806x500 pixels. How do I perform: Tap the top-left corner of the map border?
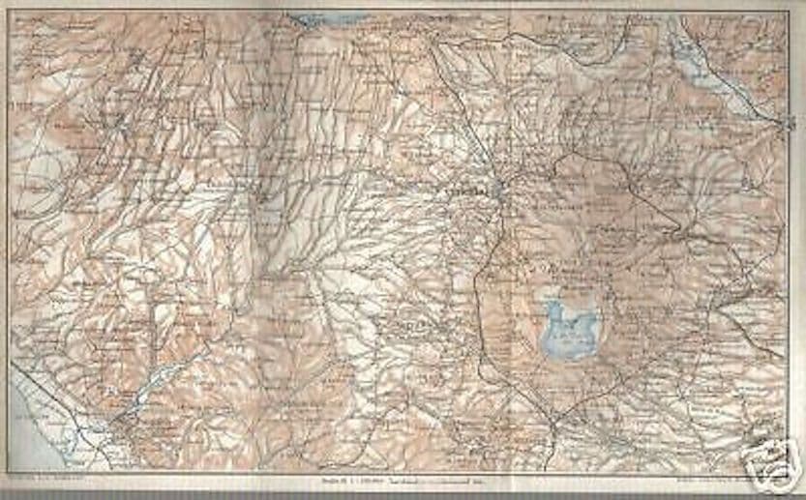pos(9,13)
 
